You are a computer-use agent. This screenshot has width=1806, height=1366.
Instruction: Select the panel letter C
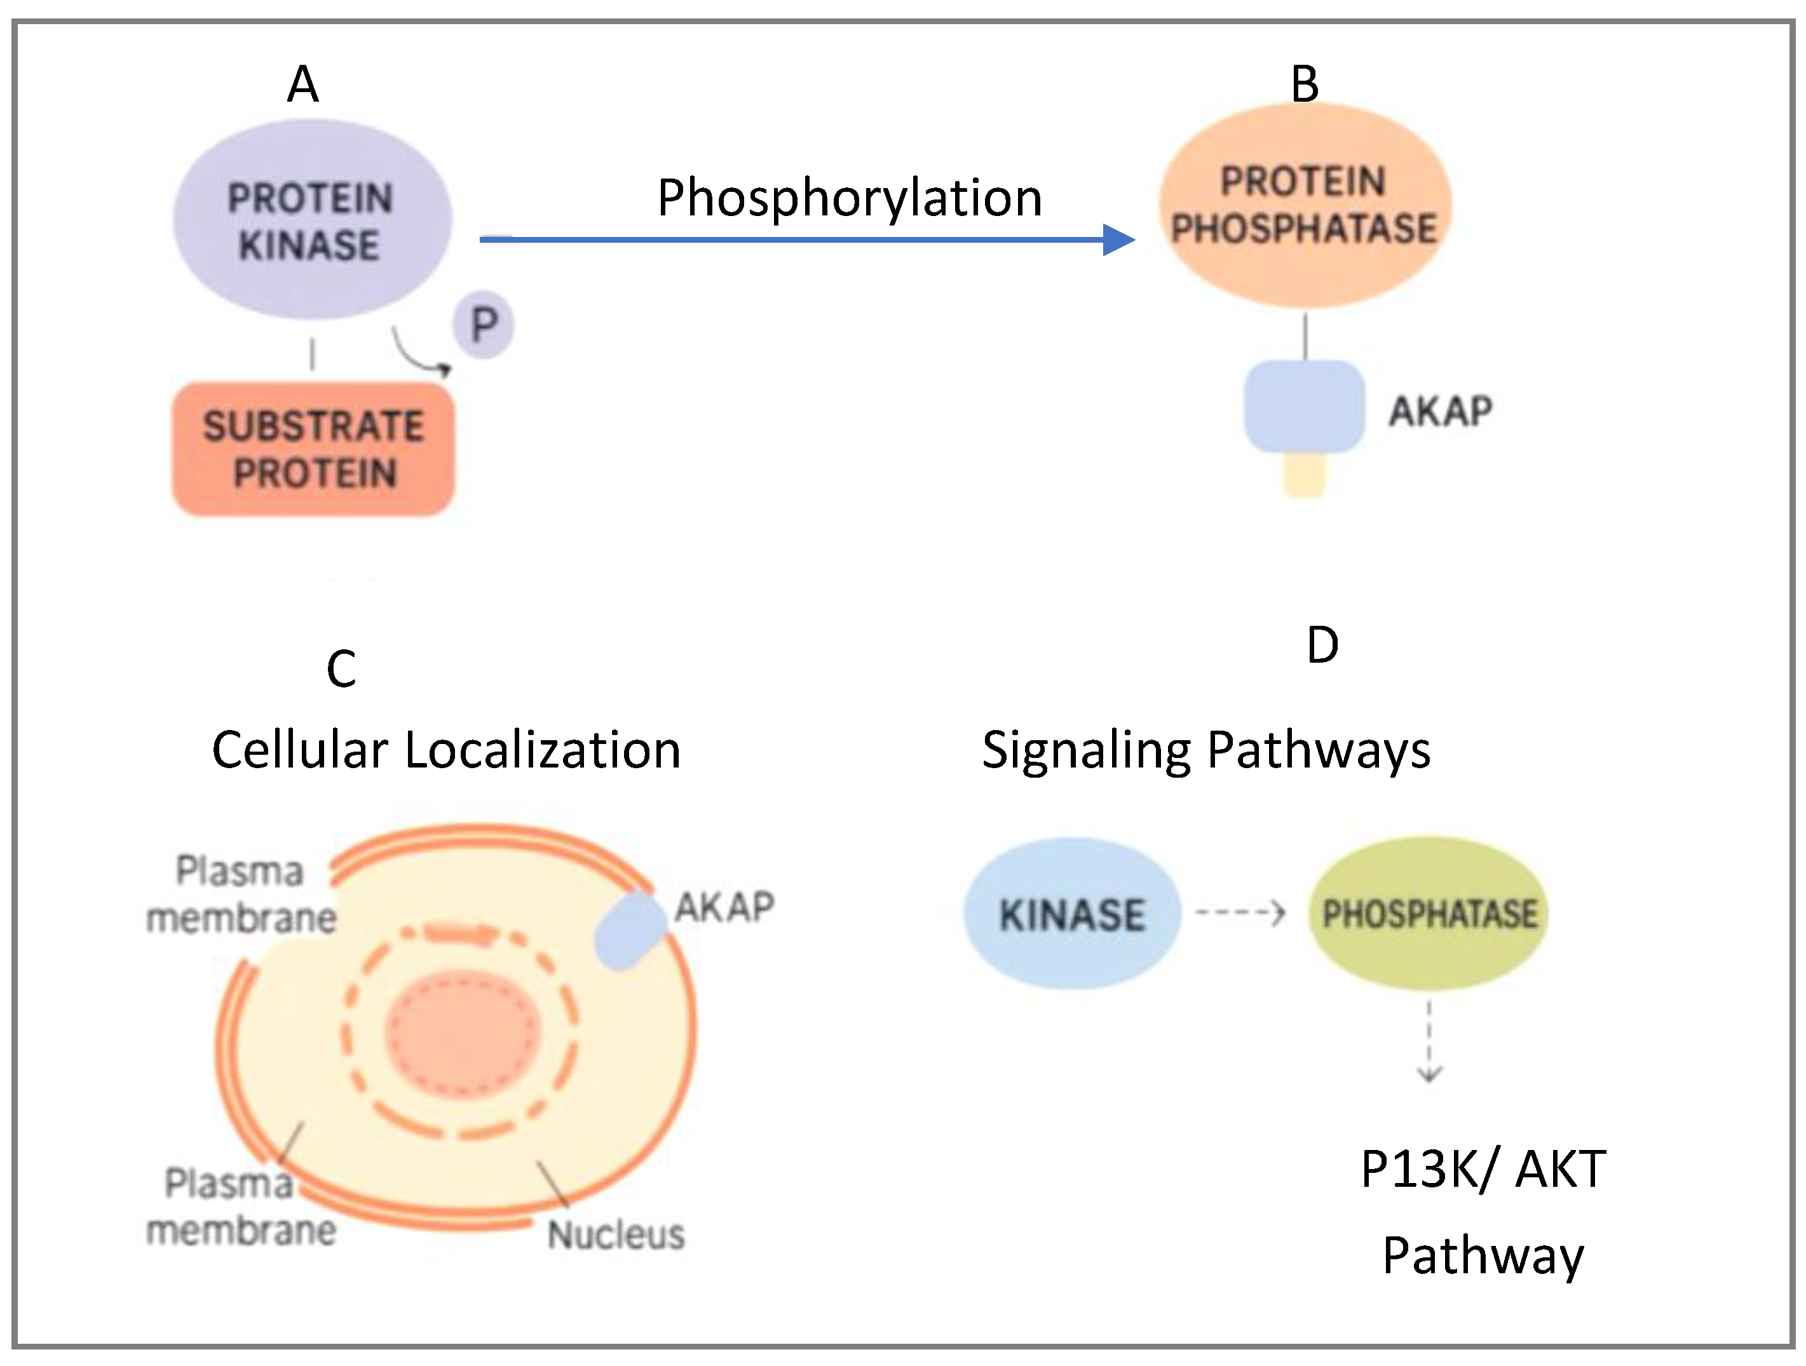(341, 669)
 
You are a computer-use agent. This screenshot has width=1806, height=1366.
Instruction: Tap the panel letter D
(1322, 645)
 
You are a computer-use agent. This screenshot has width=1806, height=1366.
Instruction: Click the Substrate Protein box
(313, 449)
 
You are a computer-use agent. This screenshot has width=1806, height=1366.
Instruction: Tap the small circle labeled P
(484, 325)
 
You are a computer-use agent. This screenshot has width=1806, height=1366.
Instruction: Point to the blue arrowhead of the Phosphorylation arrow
(1118, 240)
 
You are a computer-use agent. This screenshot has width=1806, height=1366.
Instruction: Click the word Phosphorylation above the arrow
(849, 198)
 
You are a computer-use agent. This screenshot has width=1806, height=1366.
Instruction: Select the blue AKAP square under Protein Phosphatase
(1304, 407)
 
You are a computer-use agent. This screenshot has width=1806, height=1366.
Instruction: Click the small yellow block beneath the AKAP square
(1304, 476)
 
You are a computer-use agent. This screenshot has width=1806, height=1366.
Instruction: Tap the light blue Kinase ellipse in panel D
(1072, 914)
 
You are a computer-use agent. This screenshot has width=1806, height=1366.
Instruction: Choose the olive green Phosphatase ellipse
(1429, 913)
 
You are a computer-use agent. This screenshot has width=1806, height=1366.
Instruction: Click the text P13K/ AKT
(1483, 1168)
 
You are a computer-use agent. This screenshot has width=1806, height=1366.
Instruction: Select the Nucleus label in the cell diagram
(616, 1234)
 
